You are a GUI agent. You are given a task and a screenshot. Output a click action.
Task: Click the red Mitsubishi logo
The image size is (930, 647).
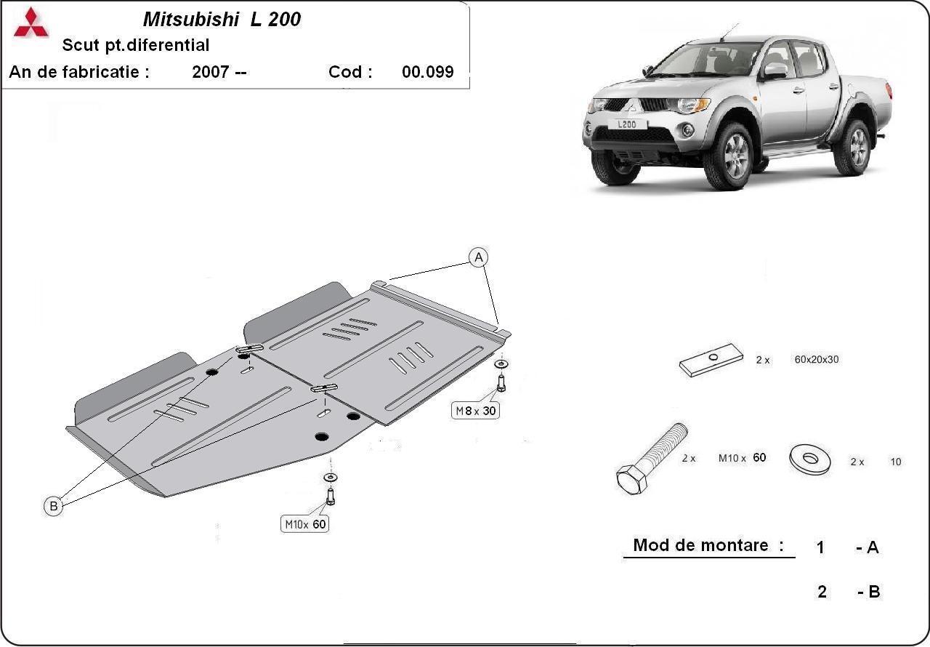[x=31, y=23]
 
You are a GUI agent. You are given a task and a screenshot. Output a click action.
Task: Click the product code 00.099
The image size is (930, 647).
[x=427, y=72]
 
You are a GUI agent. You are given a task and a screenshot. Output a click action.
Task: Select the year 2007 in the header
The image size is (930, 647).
[x=211, y=72]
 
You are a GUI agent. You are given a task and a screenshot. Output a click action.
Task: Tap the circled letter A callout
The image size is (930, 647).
[x=478, y=257]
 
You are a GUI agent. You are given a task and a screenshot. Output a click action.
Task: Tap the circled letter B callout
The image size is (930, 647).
[x=54, y=506]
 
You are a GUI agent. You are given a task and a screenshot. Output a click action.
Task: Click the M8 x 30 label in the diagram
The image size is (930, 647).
[x=477, y=411]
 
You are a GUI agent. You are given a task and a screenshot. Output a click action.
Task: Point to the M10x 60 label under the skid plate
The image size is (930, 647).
[x=305, y=523]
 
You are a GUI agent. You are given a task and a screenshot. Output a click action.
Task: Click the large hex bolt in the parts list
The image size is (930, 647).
[x=650, y=458]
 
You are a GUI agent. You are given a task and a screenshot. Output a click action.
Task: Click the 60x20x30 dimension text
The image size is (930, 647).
[x=817, y=359]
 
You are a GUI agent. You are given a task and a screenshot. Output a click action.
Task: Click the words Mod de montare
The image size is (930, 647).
[x=701, y=545]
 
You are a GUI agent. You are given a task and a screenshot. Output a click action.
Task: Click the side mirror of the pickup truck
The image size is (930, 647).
[x=775, y=71]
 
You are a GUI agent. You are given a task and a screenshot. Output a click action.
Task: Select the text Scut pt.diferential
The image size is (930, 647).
[x=136, y=45]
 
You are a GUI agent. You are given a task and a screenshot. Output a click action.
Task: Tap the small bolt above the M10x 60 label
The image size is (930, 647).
[x=330, y=494]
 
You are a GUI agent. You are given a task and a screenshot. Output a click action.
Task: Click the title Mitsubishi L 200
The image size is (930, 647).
[x=221, y=20]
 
